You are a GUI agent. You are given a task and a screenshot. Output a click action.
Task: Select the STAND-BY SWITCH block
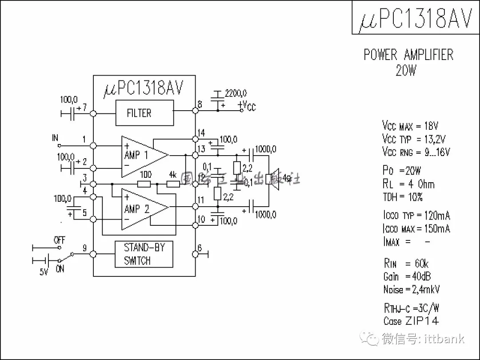pyautogui.click(x=144, y=254)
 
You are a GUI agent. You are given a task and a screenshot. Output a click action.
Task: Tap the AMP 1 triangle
pyautogui.click(x=141, y=156)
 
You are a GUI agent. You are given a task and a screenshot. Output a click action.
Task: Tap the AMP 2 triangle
pyautogui.click(x=141, y=209)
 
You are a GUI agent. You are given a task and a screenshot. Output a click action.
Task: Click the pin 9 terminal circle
pyautogui.click(x=93, y=254)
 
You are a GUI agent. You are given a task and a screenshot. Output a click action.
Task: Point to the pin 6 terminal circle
pyautogui.click(x=195, y=254)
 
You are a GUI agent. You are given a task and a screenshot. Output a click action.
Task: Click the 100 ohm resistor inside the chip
pyautogui.click(x=144, y=184)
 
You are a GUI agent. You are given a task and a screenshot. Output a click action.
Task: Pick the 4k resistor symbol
pyautogui.click(x=172, y=184)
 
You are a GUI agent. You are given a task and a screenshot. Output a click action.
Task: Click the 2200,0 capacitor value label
pyautogui.click(x=236, y=93)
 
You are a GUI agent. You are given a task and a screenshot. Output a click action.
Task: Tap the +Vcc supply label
pyautogui.click(x=247, y=106)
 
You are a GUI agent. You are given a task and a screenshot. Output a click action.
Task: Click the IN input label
pyautogui.click(x=55, y=138)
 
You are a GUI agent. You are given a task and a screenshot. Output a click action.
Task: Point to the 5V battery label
pyautogui.click(x=44, y=271)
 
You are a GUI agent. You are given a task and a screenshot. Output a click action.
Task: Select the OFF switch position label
pyautogui.click(x=60, y=240)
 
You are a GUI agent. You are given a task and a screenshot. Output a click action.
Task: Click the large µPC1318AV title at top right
pyautogui.click(x=415, y=18)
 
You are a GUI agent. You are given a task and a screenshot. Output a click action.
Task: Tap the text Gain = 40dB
pyautogui.click(x=407, y=276)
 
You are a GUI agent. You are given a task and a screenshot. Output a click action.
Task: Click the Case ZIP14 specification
pyautogui.click(x=411, y=321)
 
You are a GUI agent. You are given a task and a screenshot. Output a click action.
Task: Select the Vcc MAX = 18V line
pyautogui.click(x=410, y=126)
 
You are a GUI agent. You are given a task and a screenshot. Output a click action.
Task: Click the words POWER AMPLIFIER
pyautogui.click(x=408, y=55)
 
